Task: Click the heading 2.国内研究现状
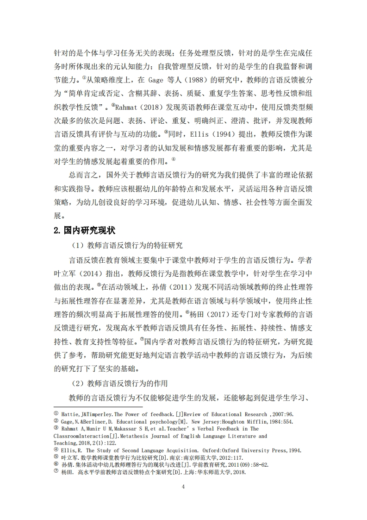tap(85, 230)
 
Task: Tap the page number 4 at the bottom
tap(184, 487)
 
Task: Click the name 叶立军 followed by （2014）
tap(65, 273)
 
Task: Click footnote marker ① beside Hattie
tap(56, 414)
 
